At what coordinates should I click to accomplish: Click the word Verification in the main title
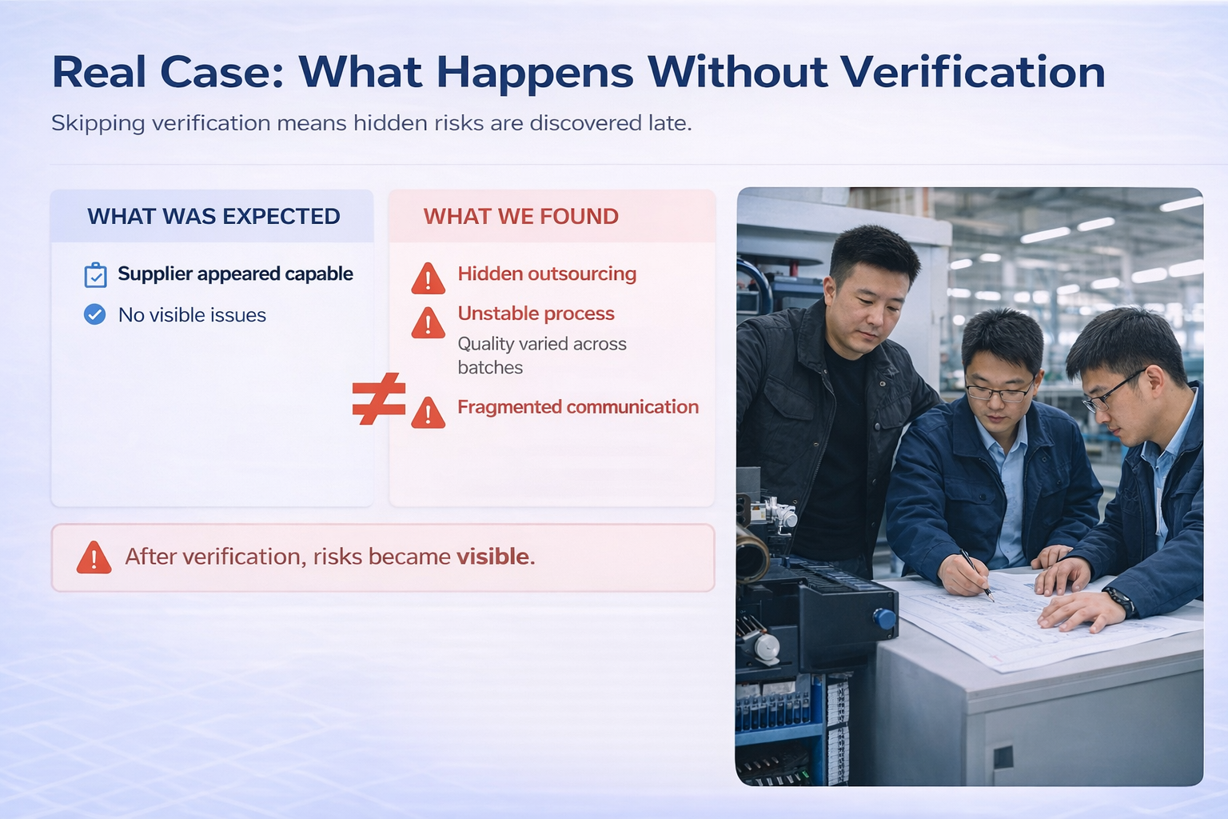click(973, 72)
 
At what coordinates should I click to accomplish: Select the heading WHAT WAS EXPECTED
click(213, 216)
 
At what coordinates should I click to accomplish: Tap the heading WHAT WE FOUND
click(520, 216)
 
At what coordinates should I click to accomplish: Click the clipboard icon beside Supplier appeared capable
click(95, 275)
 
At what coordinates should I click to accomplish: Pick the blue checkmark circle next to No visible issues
click(94, 314)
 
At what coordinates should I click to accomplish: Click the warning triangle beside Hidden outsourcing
click(429, 278)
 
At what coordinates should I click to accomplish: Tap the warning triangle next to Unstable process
click(429, 322)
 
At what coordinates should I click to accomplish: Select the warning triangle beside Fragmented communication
click(429, 413)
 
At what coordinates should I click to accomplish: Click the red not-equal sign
click(378, 398)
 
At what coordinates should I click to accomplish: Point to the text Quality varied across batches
click(541, 355)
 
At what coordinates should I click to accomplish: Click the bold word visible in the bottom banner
click(493, 557)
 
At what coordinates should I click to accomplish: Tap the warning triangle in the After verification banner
click(94, 557)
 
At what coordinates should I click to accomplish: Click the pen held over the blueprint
click(977, 573)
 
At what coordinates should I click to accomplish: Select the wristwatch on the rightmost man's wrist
click(1120, 600)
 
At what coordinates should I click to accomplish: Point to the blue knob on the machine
click(883, 618)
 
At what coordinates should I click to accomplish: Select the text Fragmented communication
click(577, 407)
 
